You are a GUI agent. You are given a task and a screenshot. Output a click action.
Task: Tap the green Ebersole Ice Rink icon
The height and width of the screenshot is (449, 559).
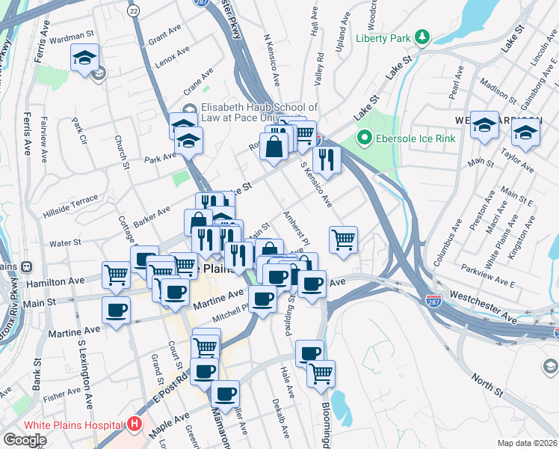365,137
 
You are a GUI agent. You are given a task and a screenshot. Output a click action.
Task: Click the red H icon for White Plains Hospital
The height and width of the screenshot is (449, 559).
135,424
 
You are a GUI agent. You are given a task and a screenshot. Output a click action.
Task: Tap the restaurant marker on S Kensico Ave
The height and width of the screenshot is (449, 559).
327,159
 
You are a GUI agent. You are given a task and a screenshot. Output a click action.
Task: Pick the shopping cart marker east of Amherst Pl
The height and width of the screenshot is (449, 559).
343,240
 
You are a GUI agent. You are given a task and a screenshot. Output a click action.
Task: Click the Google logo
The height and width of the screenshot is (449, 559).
25,439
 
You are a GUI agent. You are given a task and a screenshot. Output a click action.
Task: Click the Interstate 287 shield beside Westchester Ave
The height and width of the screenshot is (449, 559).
431,301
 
